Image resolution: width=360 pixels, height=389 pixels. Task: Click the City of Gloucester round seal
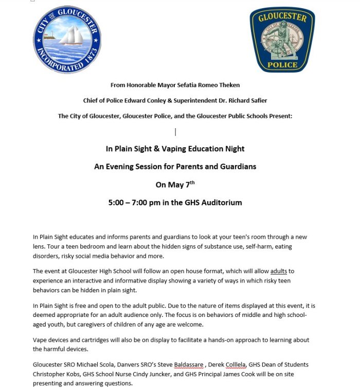pos(67,40)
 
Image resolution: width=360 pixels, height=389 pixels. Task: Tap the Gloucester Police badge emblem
pos(282,40)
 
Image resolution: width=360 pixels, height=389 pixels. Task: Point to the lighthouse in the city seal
pos(49,36)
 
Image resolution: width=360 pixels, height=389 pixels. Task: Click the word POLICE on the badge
pos(282,65)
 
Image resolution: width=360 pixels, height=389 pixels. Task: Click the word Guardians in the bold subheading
pos(238,167)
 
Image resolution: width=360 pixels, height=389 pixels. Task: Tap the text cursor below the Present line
pos(175,132)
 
